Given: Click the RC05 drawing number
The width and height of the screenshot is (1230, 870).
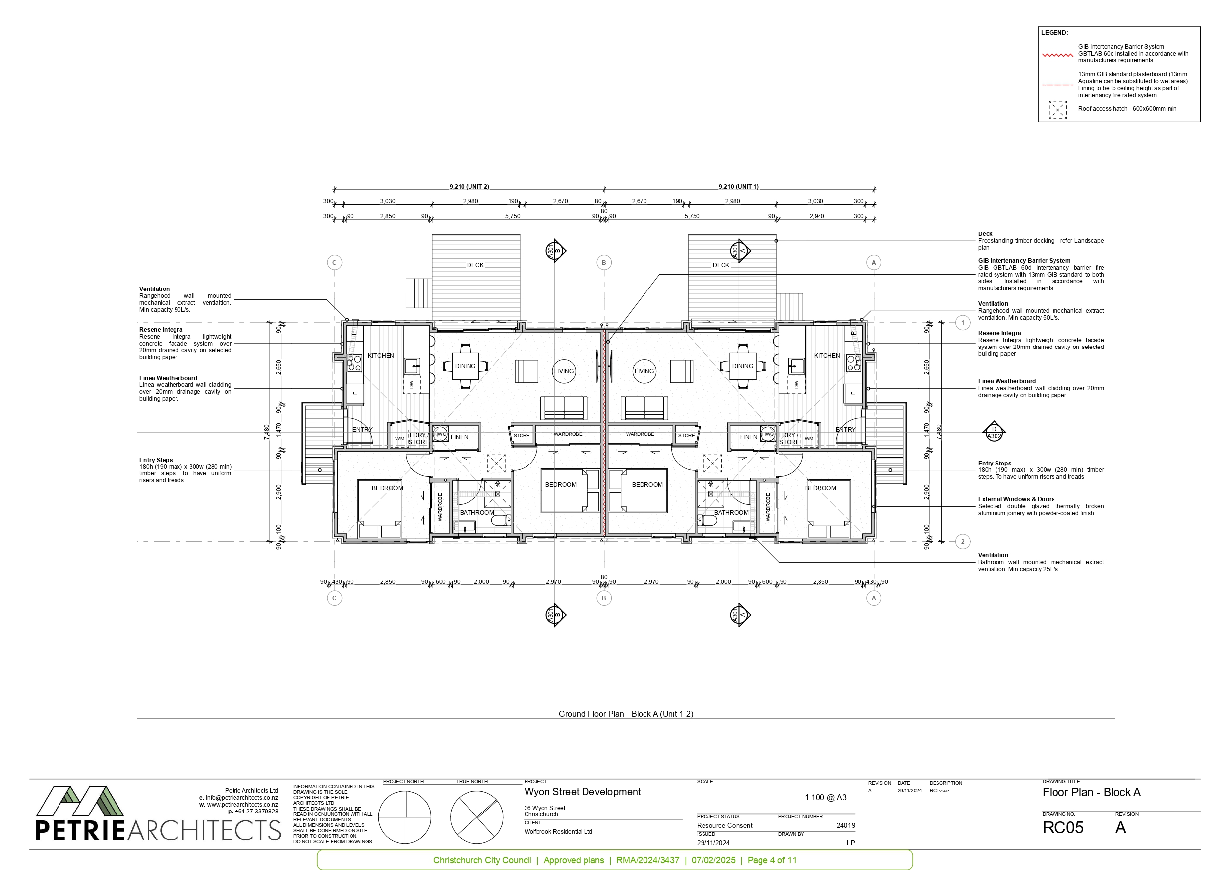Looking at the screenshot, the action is coord(1063,828).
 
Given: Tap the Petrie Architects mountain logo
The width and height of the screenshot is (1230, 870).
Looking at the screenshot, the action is coord(80,802).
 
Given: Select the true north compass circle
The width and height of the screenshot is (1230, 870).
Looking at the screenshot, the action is coord(476,817).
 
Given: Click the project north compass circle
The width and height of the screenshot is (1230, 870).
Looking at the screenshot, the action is coord(405,817).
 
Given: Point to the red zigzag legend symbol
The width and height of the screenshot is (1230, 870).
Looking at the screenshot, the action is coord(1057,55).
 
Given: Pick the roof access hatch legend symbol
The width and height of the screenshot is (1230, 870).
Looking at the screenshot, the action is coord(1057,109).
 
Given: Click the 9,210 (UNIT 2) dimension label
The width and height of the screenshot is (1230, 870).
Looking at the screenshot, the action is coord(469,186).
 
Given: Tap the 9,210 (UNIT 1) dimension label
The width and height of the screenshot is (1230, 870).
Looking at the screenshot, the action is coord(738,186).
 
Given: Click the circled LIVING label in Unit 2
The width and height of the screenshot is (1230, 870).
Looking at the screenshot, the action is coord(564,371).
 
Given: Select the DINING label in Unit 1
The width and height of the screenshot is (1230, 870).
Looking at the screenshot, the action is coord(743,366).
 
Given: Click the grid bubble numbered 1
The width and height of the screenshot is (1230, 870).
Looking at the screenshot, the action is coord(963,323).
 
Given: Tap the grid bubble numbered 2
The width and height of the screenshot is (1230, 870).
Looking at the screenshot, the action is coord(963,542).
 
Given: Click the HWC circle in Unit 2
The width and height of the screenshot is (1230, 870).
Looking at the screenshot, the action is coord(440,434).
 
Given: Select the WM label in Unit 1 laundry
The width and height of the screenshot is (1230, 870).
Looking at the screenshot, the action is coord(809,438).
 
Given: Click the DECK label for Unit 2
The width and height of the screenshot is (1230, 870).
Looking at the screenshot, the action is coord(475,265).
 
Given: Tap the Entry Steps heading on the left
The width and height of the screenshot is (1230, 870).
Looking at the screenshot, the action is coord(156,460).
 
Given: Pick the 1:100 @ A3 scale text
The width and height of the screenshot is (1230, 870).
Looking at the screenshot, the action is coord(825,797).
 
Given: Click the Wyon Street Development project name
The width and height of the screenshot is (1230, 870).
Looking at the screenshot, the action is coord(583,792).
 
